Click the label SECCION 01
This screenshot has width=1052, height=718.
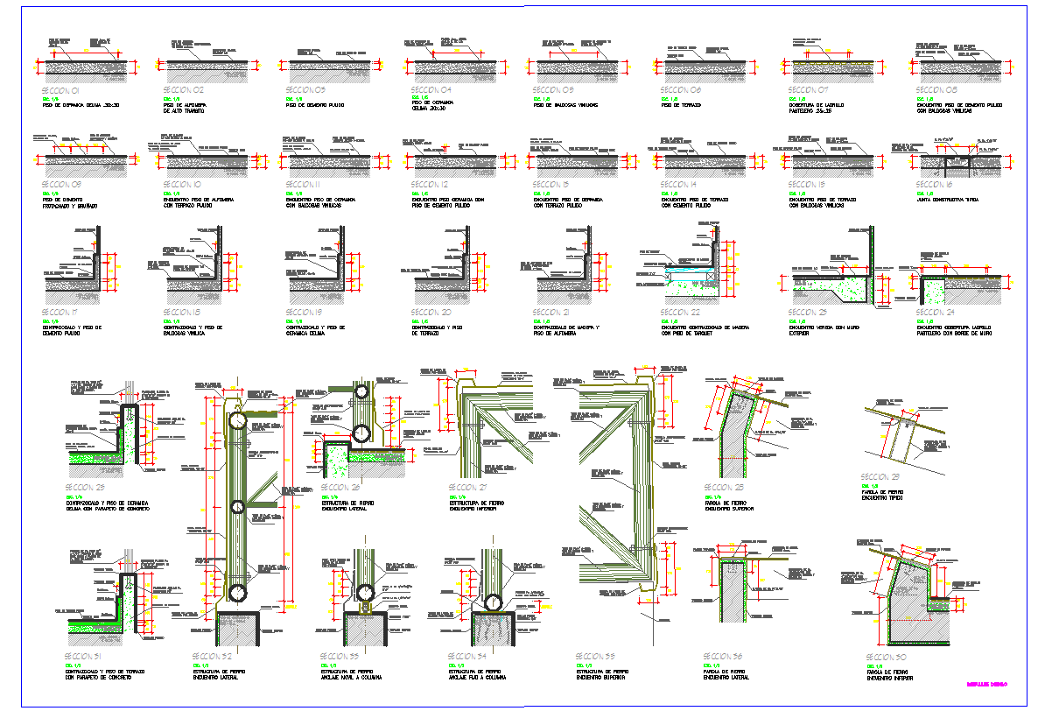(x=60, y=90)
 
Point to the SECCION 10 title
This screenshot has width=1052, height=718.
(x=182, y=185)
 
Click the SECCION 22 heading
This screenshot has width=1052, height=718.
(x=680, y=312)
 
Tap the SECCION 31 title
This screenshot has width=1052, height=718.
(x=84, y=656)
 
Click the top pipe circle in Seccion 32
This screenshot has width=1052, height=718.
(x=238, y=422)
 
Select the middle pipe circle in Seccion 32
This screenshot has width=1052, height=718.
(x=238, y=506)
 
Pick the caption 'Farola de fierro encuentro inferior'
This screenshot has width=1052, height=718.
(x=890, y=675)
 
